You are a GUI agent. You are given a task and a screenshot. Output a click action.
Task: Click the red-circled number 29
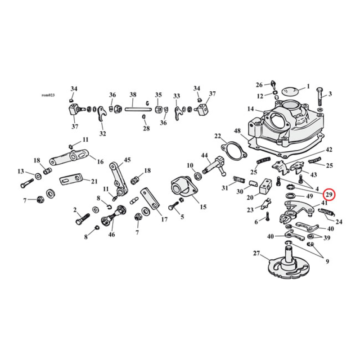(x=329, y=194)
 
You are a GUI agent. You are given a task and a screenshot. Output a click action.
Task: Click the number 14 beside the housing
(x=251, y=109)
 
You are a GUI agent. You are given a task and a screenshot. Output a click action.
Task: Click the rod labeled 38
(x=133, y=108)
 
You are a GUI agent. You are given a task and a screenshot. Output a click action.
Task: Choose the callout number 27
(x=256, y=254)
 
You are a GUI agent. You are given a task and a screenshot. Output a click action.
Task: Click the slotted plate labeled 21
(x=72, y=180)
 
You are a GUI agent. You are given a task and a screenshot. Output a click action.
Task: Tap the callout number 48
(x=237, y=131)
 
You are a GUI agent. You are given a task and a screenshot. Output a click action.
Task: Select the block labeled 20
(x=265, y=186)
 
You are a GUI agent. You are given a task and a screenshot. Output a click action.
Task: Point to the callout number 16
(x=100, y=162)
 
